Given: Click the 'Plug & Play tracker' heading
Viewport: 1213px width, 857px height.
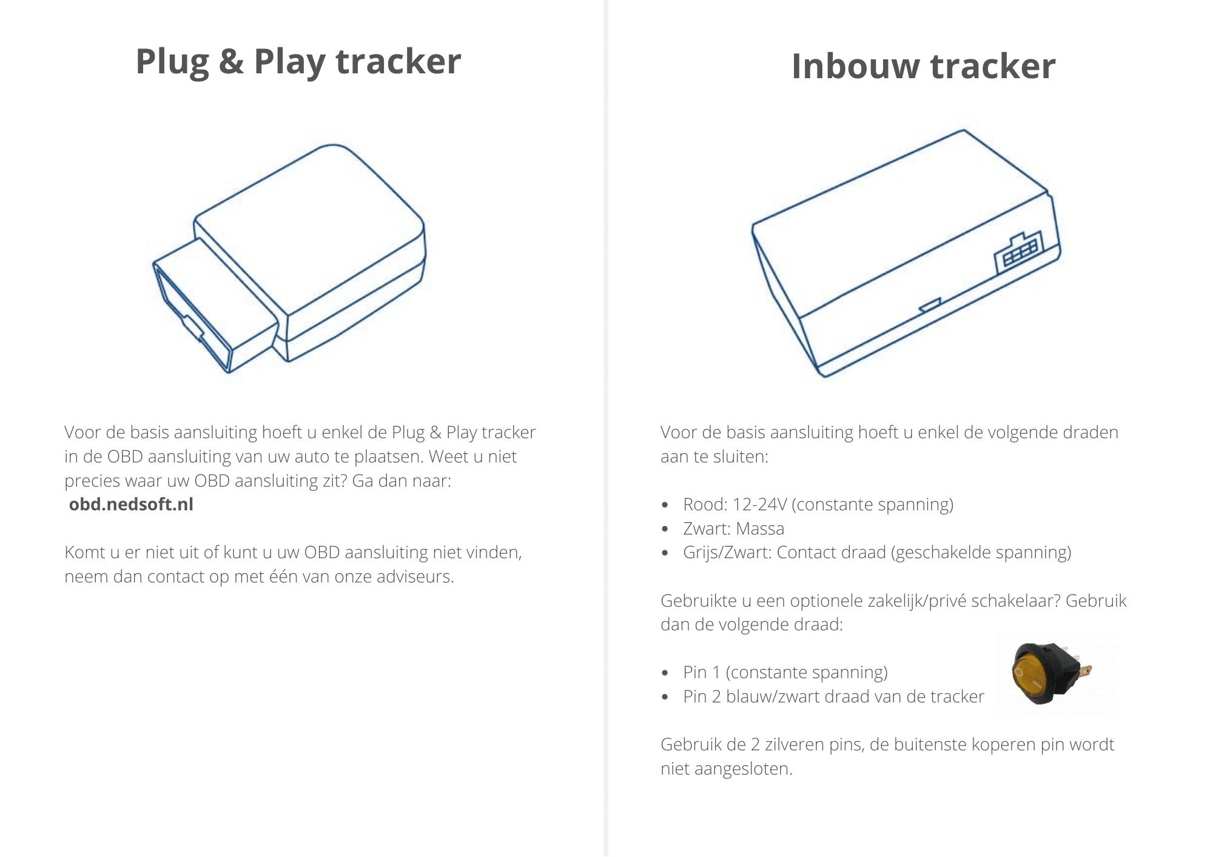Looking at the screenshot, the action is [298, 62].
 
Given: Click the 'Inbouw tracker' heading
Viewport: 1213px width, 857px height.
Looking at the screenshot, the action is [924, 66].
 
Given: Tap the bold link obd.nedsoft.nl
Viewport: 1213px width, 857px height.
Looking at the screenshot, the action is [131, 504].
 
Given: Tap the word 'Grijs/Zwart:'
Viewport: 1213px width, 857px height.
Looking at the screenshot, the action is [727, 553].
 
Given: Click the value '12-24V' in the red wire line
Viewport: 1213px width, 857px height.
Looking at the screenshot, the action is [760, 504].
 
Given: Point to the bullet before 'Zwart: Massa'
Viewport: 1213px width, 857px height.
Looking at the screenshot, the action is [665, 530].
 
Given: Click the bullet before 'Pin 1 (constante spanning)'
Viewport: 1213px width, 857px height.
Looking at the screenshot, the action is [665, 673].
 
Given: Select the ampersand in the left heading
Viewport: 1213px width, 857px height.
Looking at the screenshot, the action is [231, 62].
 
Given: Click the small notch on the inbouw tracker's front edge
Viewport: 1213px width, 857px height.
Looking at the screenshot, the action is [930, 305].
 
